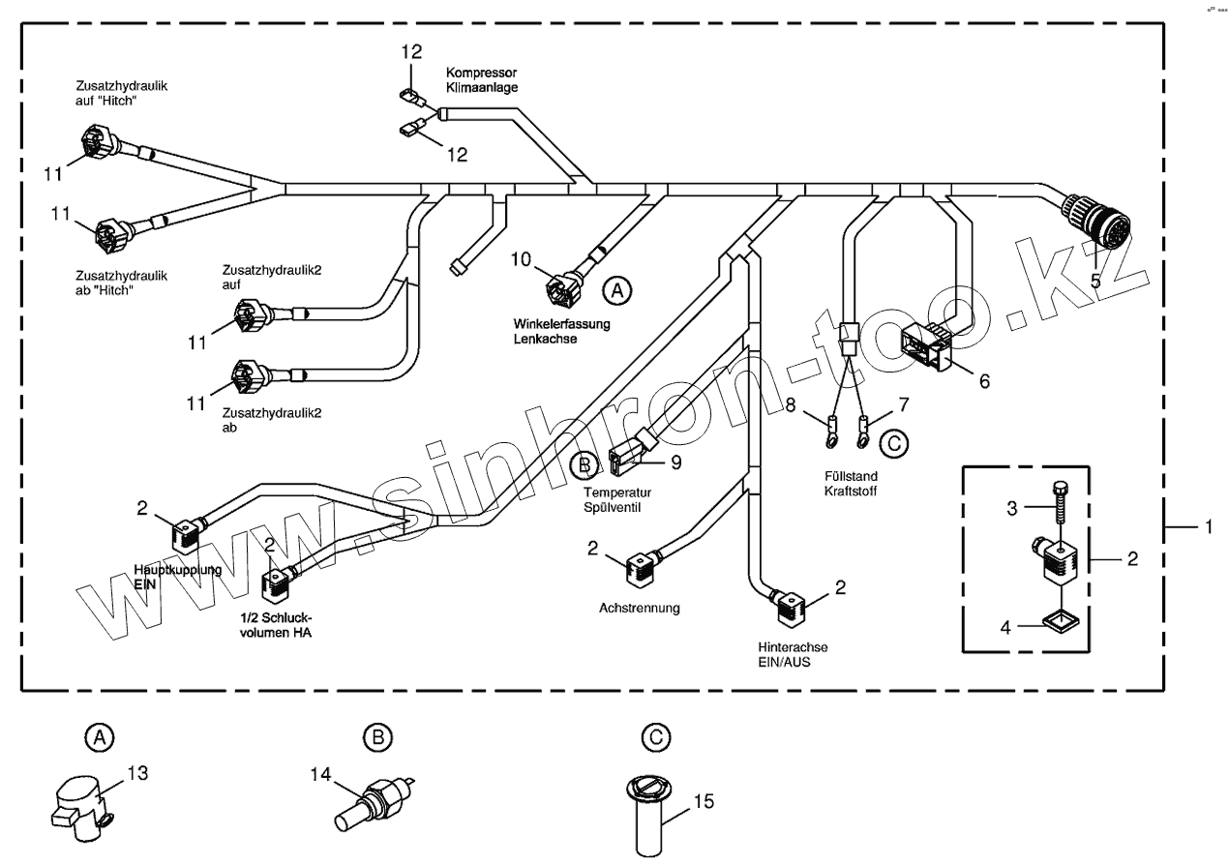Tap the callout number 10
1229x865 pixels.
click(x=522, y=258)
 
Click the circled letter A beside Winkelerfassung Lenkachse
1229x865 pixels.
click(x=616, y=288)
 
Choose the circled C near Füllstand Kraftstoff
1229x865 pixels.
click(x=893, y=443)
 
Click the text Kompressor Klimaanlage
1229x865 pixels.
click(x=482, y=80)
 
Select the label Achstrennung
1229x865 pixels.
click(x=639, y=609)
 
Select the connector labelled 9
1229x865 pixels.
click(x=626, y=459)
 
